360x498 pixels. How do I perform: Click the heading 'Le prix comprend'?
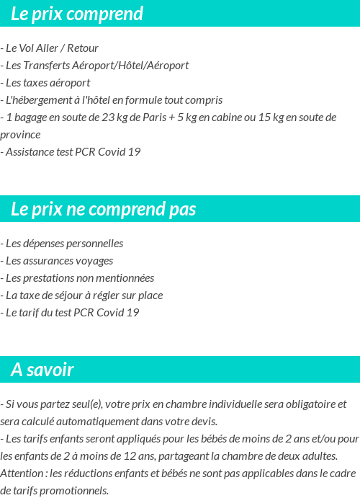77,14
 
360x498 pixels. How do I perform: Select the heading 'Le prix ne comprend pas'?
104,209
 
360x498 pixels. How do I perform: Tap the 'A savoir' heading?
42,370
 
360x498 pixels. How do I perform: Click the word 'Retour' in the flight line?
83,48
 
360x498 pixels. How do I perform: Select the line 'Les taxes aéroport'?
45,83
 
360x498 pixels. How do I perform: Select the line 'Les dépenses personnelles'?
62,244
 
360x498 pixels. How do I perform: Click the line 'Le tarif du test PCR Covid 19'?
70,313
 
